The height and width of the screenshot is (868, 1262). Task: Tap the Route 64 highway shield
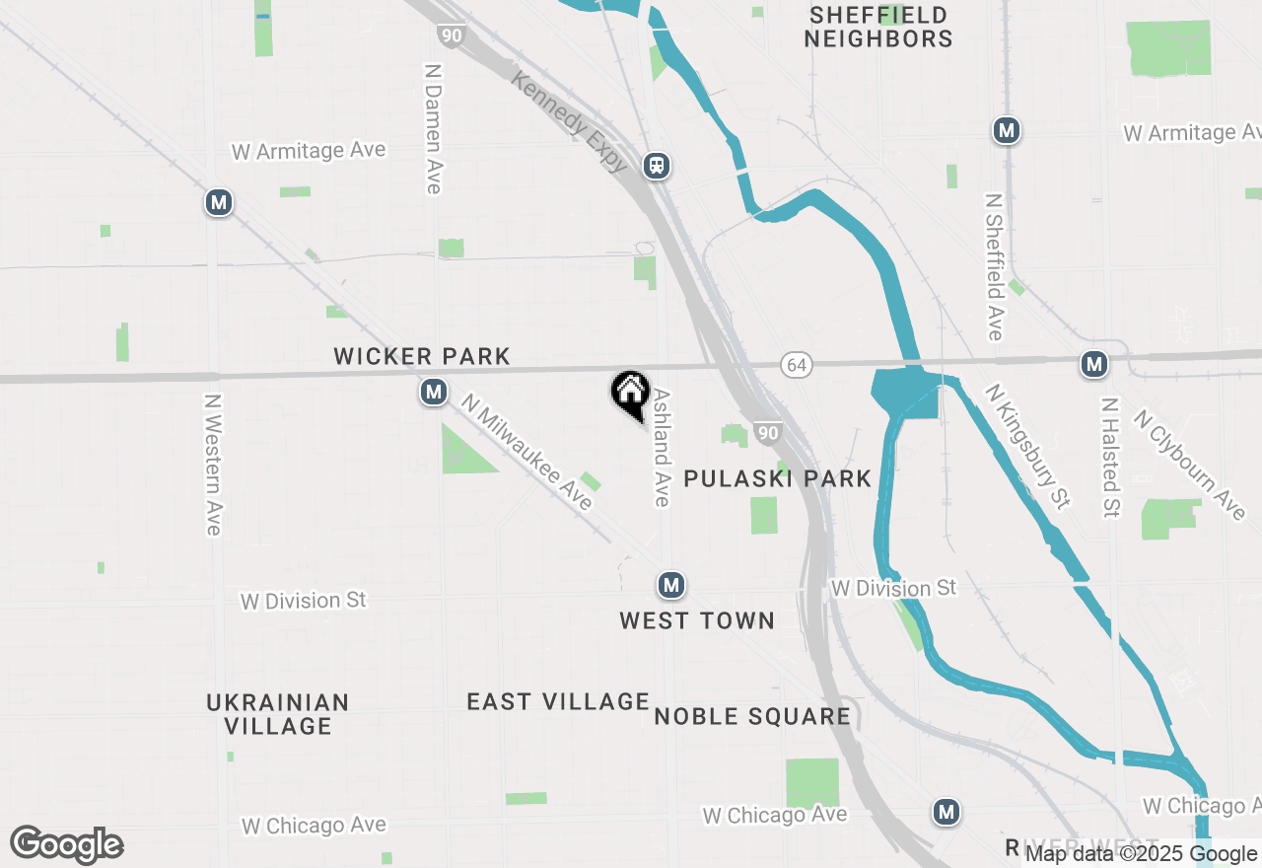[797, 365]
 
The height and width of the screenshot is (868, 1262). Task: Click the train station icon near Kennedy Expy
[657, 166]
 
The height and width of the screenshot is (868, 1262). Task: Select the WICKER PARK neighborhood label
[422, 356]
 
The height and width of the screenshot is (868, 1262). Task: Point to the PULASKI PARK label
[778, 479]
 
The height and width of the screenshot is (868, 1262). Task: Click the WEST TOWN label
[697, 620]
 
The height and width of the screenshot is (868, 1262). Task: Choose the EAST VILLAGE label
[558, 701]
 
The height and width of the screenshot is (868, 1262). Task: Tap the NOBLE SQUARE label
[752, 716]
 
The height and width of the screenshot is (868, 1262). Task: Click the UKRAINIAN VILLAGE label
[278, 714]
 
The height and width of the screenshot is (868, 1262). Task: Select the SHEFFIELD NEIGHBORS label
[878, 28]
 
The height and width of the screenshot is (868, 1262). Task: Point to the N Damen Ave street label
[432, 129]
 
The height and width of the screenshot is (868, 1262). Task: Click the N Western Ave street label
[212, 465]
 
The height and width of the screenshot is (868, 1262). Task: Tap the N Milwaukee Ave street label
[527, 454]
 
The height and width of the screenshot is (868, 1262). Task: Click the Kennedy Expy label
[569, 120]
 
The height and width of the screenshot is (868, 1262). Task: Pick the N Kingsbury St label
[1027, 446]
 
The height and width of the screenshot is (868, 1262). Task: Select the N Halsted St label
[1111, 458]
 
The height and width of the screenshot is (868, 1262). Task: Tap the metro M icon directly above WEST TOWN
[671, 585]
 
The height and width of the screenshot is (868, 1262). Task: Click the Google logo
[67, 844]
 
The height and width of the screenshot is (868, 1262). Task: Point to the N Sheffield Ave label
[994, 266]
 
